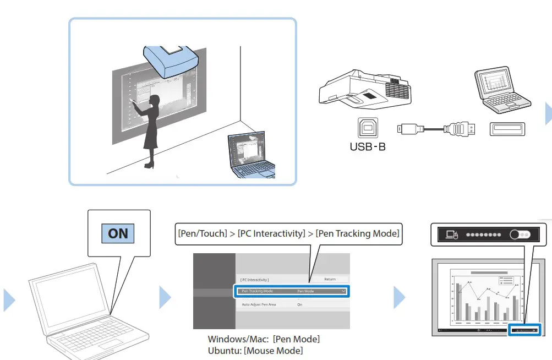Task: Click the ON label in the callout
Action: (x=118, y=233)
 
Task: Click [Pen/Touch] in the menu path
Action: (x=201, y=233)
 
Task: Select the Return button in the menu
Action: (x=330, y=279)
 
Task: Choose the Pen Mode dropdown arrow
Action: (x=343, y=291)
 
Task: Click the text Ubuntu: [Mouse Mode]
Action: (x=255, y=350)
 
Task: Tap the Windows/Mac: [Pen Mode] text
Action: (x=263, y=339)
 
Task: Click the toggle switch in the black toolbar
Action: (x=520, y=234)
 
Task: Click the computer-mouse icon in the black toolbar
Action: (x=452, y=234)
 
